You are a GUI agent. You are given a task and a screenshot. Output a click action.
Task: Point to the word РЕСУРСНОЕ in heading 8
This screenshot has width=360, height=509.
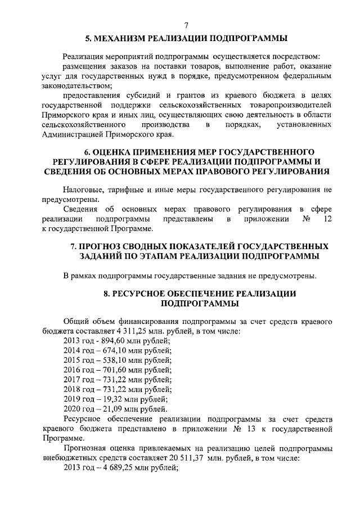(145, 294)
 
